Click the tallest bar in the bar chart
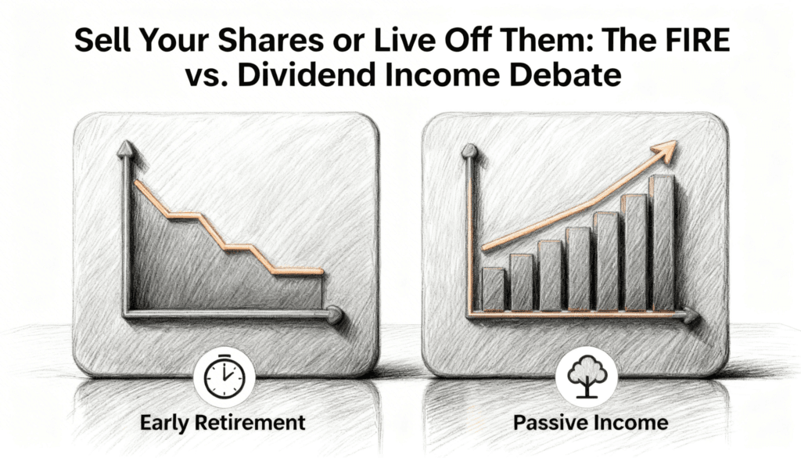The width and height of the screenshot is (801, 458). (663, 243)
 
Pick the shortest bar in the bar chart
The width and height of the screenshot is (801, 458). (493, 290)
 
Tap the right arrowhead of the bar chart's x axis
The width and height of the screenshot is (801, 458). (691, 317)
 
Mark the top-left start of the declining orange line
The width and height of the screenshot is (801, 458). (136, 182)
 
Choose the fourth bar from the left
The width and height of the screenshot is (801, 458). (578, 269)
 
